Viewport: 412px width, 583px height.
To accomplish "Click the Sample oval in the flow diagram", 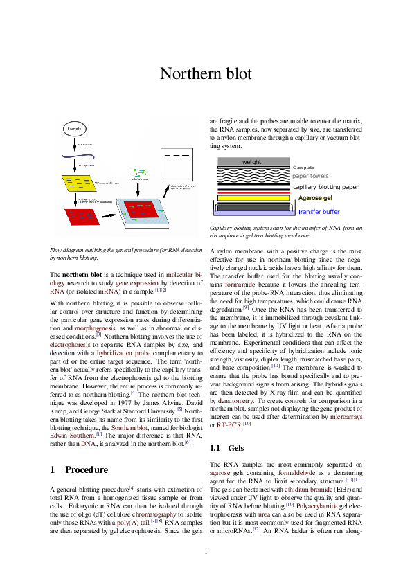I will [75, 129].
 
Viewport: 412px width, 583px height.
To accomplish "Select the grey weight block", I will [253, 162].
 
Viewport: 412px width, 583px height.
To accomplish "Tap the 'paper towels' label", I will [310, 176].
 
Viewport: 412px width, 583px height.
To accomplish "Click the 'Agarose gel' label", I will [314, 199].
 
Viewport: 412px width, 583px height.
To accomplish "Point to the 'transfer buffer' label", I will [319, 212].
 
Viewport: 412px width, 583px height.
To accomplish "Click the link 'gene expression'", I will [137, 283].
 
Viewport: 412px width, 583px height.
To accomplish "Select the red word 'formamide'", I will [240, 285].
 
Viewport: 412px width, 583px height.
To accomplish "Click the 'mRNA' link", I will [108, 291].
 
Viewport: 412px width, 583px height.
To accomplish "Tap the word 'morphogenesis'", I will [95, 328].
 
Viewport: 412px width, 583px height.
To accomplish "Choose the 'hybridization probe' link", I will [123, 353].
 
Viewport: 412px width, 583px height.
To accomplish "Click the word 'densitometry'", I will [235, 401].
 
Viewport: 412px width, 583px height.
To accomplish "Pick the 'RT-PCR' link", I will [229, 425].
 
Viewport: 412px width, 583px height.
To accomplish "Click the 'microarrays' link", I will [346, 418].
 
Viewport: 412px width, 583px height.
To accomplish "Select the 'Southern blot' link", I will [129, 428].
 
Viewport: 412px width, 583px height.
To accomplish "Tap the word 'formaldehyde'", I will [297, 473].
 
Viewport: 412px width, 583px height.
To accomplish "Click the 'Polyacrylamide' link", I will [317, 506].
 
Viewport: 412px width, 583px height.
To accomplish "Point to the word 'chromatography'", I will [154, 514].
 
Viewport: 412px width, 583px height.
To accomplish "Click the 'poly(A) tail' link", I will [133, 523].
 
